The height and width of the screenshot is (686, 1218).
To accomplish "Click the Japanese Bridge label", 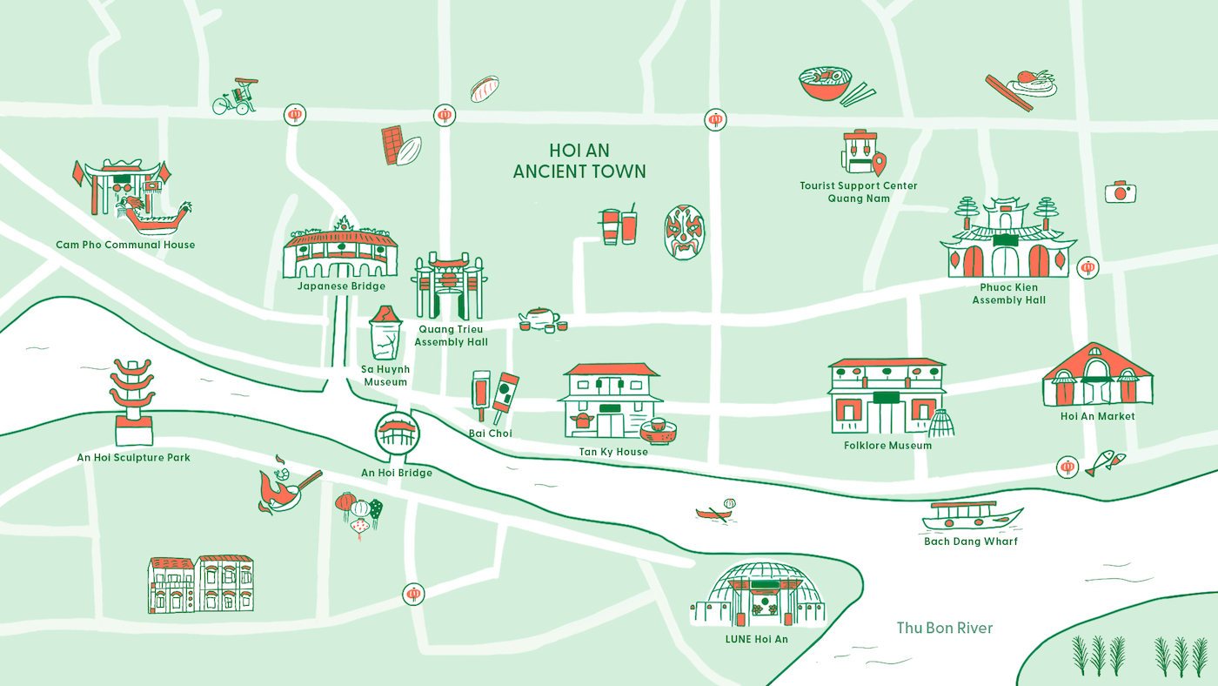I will pos(340,286).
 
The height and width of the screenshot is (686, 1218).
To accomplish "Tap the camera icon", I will pos(1121,192).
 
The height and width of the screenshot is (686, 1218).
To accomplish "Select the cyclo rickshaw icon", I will pos(236,97).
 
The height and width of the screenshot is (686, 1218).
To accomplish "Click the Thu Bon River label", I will pos(944,628).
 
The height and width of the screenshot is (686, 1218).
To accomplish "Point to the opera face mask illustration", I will pos(685,232).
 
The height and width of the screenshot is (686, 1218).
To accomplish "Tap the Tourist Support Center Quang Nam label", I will pos(858,192).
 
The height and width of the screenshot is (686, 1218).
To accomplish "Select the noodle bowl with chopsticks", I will pos(831,86).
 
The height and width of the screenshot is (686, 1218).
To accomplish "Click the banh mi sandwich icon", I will pos(484,89).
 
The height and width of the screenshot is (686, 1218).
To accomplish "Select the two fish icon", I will pos(1105,462).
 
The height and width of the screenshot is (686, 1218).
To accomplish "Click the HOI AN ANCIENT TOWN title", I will pos(579,161).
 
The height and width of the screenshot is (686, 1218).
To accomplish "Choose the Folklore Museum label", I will pos(887,446).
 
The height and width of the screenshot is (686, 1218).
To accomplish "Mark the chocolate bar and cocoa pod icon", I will pos(400,146).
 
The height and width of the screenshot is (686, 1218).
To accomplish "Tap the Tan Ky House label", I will pos(613,452).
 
